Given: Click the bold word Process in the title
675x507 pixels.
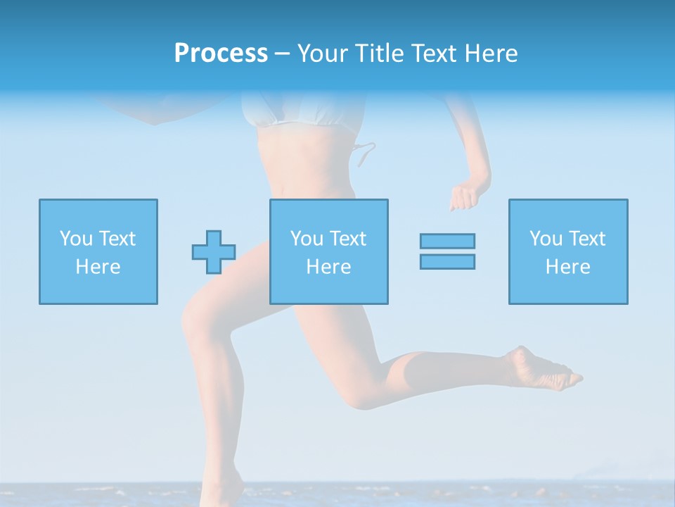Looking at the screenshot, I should pos(221,54).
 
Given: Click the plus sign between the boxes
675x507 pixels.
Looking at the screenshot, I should pos(214,252).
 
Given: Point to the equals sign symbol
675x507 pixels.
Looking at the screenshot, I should pos(447,251).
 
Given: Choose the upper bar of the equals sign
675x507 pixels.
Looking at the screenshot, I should pos(447,241).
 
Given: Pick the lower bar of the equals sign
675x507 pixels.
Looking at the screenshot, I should pos(447,261).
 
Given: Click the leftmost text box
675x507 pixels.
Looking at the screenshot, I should pos(98,251).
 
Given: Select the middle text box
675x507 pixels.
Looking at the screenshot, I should pos(328,251).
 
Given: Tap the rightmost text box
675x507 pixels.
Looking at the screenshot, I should pos(567,251).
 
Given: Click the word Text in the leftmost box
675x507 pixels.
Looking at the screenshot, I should pos(117,239).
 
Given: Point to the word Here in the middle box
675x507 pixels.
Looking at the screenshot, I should pos(328,267).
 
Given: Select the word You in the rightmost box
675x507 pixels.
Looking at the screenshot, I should pos(546,239).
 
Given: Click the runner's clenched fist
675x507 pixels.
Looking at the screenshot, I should pos(463,197).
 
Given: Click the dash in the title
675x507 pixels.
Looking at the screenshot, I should pos(282,54).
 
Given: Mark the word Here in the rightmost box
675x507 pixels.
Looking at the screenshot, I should pos(567,267).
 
